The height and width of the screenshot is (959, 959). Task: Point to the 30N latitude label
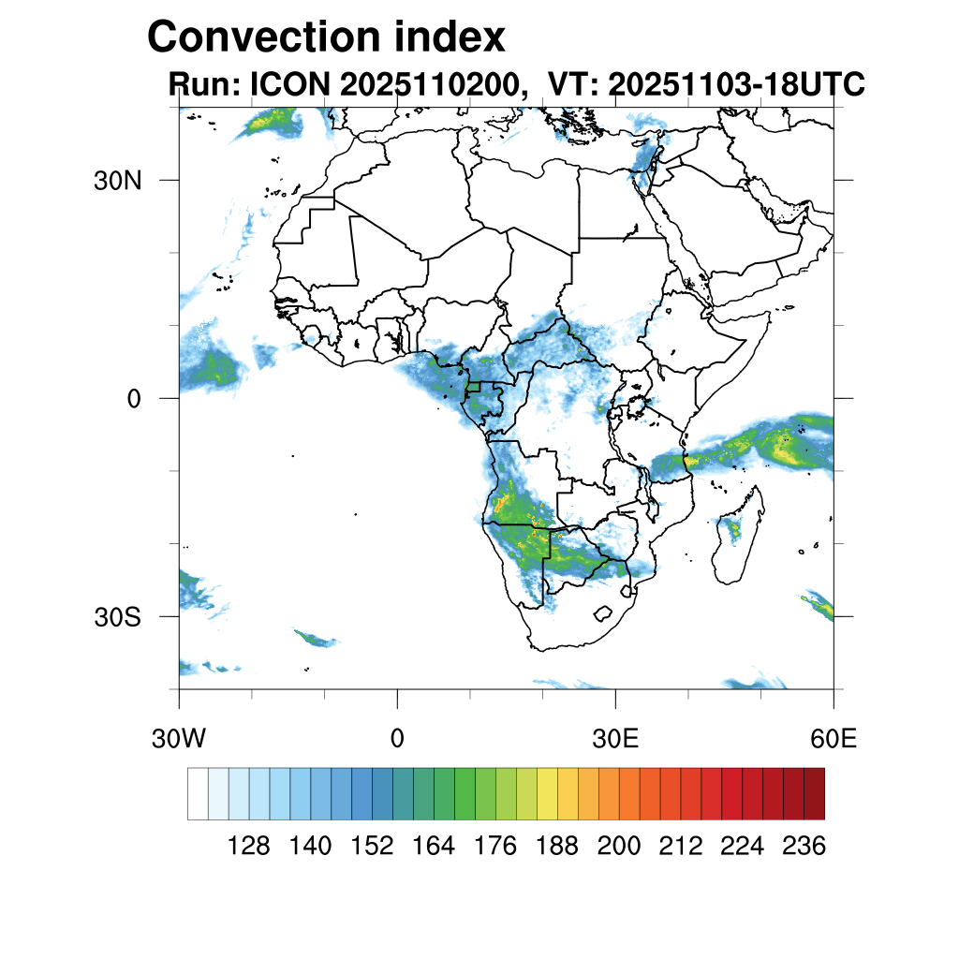coord(117,180)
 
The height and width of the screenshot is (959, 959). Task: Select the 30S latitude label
coord(117,617)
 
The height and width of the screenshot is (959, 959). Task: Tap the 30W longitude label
coord(178,738)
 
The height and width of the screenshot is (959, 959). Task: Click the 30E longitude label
coord(616,738)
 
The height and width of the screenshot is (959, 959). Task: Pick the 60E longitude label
coord(834,738)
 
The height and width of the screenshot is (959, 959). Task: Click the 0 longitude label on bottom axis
coord(397,738)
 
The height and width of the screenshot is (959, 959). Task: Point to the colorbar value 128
coord(248,847)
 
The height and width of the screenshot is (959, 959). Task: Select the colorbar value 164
coord(434,847)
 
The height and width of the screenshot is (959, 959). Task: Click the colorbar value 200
coord(618,847)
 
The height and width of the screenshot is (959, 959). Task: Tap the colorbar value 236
coord(803,847)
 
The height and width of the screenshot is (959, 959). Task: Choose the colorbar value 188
coord(556,847)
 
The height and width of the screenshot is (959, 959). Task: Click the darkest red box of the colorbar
coord(814,794)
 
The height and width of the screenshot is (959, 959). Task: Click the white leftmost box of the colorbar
coord(198,794)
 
